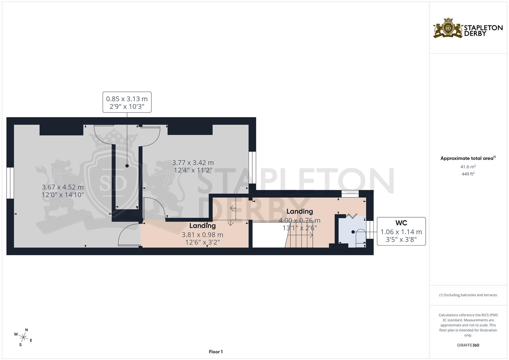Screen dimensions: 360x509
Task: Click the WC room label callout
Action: coord(401,231)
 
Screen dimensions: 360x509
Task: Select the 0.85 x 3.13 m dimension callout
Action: coord(127,102)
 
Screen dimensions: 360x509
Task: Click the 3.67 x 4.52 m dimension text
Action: coord(63,191)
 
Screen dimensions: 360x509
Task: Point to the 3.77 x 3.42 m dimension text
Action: coord(193,166)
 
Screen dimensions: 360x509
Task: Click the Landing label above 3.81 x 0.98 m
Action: coord(202,226)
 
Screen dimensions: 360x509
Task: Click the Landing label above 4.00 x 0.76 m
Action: coord(299,211)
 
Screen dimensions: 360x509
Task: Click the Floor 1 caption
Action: coord(216,352)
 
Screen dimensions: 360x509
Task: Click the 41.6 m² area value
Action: coord(468,167)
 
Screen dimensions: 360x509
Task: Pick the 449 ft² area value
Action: coord(468,174)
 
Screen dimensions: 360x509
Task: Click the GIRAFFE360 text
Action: coord(468,345)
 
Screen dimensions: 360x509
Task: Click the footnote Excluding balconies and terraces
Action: coord(468,295)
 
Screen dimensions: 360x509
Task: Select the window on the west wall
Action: coord(10,183)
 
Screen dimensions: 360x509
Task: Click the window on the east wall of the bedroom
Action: coord(252,168)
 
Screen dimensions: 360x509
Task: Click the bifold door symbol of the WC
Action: coord(351,216)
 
